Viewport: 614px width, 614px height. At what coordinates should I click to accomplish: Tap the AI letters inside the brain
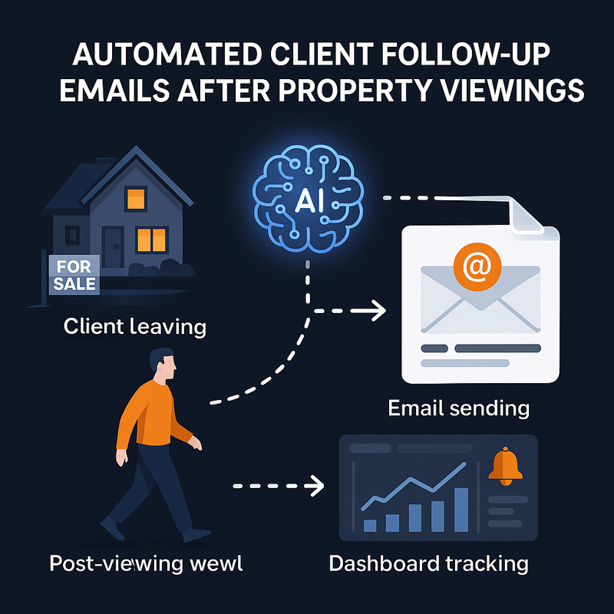[306, 203]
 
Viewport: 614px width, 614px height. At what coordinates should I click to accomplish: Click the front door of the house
[114, 246]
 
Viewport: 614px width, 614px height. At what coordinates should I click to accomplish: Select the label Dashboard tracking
[428, 563]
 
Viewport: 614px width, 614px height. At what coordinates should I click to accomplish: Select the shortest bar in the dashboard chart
[369, 524]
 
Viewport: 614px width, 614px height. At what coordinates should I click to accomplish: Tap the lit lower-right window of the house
[150, 240]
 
